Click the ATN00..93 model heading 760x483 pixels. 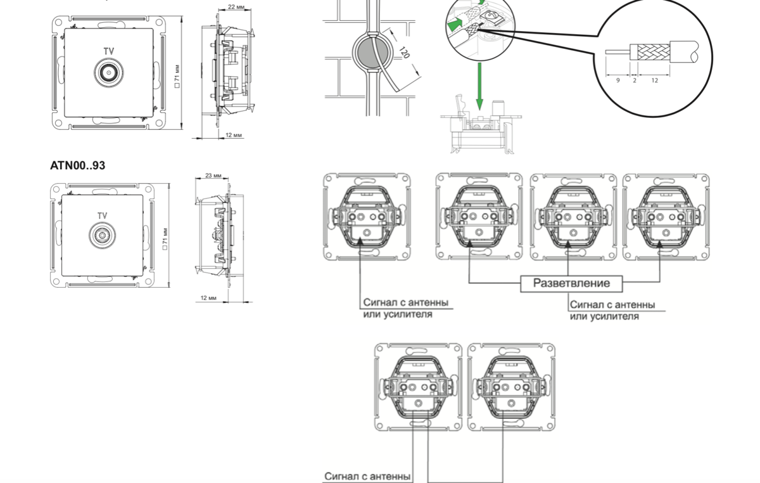(x=78, y=165)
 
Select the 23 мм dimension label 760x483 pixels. (x=213, y=176)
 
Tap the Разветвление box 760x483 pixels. (x=571, y=283)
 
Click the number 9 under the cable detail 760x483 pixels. (x=617, y=80)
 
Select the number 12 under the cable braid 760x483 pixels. (x=654, y=80)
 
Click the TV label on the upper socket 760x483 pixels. (x=110, y=51)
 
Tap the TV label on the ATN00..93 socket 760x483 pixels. (x=102, y=216)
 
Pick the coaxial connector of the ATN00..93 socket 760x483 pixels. (x=101, y=236)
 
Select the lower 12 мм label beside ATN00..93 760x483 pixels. (x=209, y=297)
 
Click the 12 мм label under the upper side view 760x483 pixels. (x=234, y=135)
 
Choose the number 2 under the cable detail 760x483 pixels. (x=634, y=80)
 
